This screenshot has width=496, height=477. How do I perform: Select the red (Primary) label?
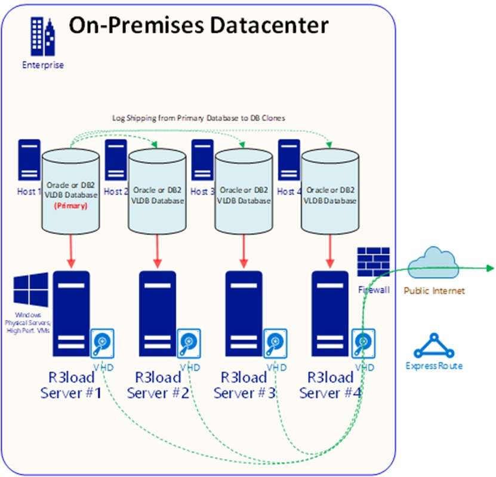coord(71,206)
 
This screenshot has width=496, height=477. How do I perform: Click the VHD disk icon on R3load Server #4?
coord(362,343)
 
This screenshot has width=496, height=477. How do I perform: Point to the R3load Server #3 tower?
coord(244,313)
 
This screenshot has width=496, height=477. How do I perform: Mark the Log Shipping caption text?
coord(199,118)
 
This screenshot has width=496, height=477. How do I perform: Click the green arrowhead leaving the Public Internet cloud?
coord(490,267)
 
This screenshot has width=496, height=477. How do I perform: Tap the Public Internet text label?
coord(434,291)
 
